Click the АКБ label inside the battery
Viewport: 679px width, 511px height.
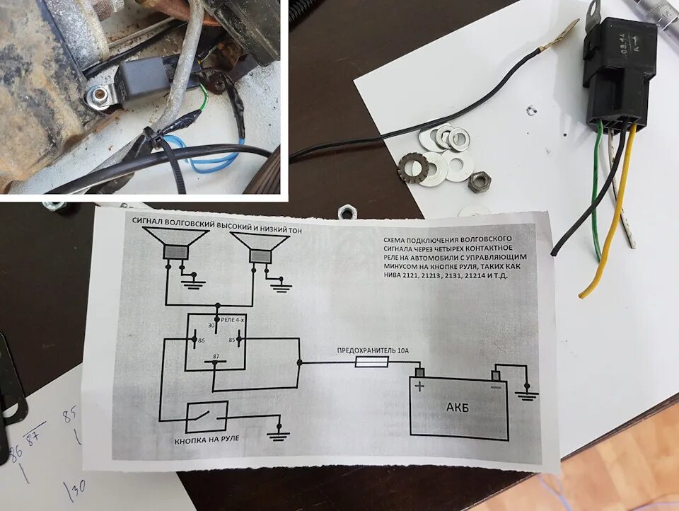tap(457, 408)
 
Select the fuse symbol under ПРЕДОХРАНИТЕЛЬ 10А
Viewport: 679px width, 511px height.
tap(371, 362)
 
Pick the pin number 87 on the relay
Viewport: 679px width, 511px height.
tap(214, 357)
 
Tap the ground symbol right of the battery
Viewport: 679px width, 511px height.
tap(526, 393)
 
